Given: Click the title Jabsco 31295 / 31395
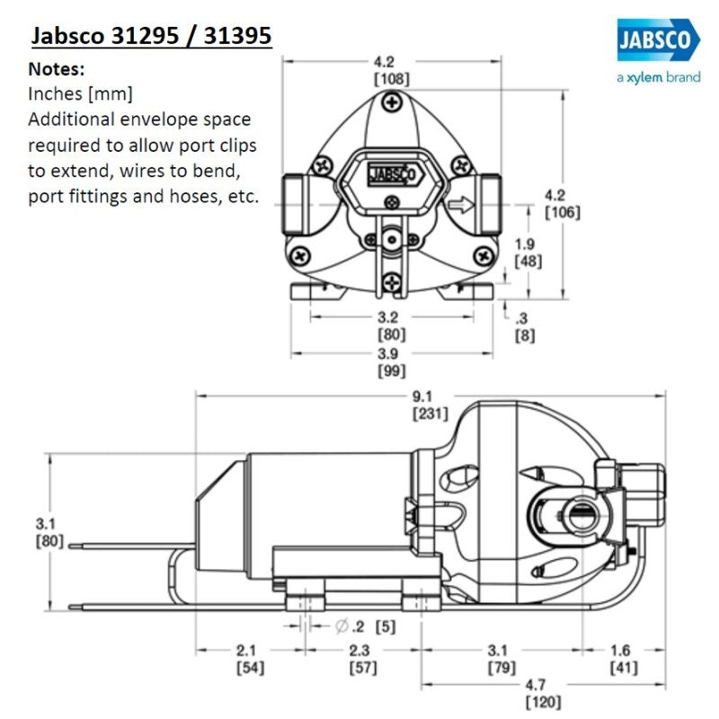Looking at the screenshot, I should pos(151,38).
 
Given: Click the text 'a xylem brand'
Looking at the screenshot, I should pos(658,77).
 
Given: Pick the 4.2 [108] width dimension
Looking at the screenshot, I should pos(392,69).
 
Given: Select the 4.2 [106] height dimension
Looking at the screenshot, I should pos(563,203).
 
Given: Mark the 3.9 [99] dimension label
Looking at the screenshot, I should pos(392,361).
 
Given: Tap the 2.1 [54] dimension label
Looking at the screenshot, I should pos(249,659).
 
